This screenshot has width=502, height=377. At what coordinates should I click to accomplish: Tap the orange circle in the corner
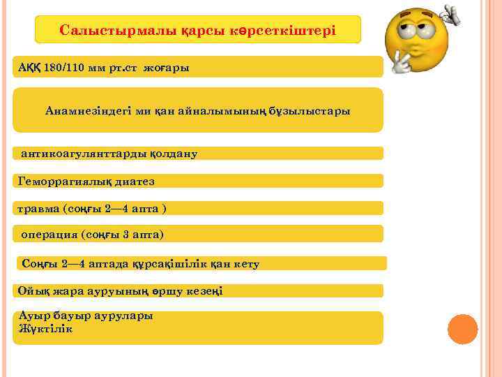(x=462, y=328)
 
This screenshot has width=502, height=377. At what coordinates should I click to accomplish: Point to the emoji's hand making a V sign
(x=403, y=64)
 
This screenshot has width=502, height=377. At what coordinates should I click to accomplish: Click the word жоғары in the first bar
(x=167, y=68)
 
